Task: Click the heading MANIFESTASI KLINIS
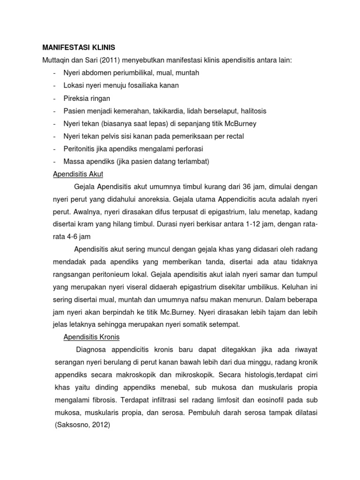[78, 48]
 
